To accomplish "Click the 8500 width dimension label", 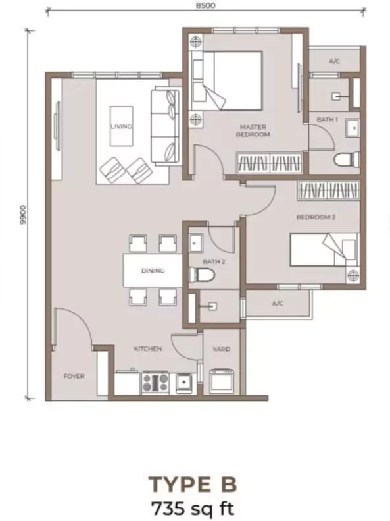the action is tap(206, 5).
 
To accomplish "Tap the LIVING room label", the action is tap(121, 126).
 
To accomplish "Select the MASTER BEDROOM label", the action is tap(253, 130).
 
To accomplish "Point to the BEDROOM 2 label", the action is tap(316, 217).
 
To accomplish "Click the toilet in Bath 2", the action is tap(201, 275).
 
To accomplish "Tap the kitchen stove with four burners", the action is tap(155, 382).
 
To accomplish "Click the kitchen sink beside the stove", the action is tap(183, 382).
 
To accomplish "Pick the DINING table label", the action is tap(153, 271).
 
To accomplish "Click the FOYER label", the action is tap(74, 377).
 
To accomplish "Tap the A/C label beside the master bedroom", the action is tap(334, 61).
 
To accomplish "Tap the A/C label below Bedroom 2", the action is tap(278, 304).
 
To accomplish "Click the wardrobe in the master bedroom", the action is tap(269, 163).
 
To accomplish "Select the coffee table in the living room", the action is tap(122, 126).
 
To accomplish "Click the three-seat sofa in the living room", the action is tap(165, 126).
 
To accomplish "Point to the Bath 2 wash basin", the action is tap(196, 243).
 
